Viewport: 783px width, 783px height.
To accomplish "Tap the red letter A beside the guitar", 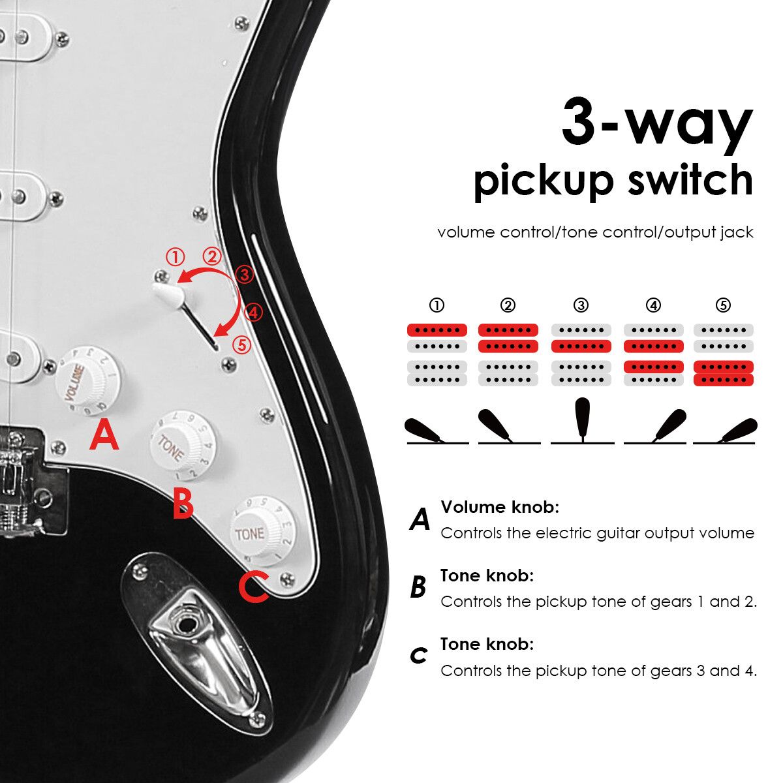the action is (104, 435).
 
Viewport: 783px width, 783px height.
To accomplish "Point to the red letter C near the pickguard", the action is (254, 587).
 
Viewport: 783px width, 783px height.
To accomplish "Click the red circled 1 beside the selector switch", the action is (176, 257).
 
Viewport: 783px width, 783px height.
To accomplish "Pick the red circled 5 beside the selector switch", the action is (242, 345).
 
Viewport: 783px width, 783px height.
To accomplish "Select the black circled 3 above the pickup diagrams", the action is (581, 305).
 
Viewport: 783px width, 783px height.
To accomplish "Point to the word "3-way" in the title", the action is (657, 123).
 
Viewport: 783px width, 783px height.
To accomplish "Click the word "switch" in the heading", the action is (691, 180).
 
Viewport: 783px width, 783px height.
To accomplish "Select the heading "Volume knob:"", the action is (500, 507).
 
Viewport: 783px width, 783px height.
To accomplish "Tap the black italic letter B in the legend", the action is (418, 587).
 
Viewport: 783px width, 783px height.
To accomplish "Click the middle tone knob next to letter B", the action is (183, 444).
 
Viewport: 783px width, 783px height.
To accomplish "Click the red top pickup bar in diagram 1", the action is (437, 330).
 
